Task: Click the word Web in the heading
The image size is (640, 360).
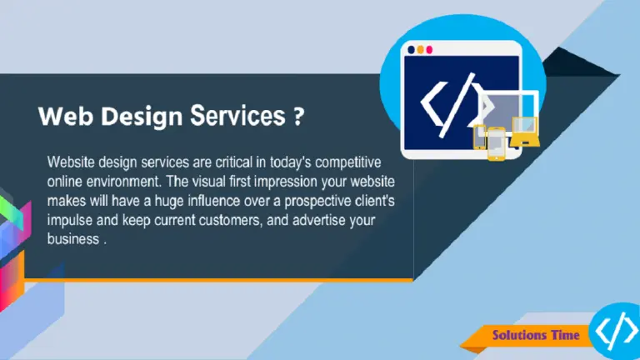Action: click(x=66, y=117)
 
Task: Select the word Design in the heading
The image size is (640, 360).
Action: click(x=142, y=117)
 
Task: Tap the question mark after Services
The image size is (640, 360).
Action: click(x=299, y=117)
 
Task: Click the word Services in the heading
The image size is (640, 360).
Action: click(x=238, y=116)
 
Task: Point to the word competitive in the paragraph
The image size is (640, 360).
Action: click(x=347, y=162)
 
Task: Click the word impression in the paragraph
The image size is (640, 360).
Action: click(x=285, y=182)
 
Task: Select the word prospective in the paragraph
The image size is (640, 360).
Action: click(x=317, y=201)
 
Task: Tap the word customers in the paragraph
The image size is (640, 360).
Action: click(x=229, y=220)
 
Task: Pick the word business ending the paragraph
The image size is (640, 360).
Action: click(x=73, y=239)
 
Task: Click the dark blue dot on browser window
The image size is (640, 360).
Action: click(x=411, y=50)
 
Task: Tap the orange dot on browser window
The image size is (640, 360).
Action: click(x=420, y=50)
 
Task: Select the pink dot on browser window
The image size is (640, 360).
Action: click(x=429, y=50)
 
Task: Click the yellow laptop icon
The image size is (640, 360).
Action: click(x=525, y=132)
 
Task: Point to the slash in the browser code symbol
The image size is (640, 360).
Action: click(x=457, y=104)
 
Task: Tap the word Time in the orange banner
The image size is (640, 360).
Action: click(x=565, y=335)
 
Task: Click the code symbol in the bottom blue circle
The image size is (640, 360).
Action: click(x=617, y=330)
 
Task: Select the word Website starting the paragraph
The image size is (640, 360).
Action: click(x=71, y=162)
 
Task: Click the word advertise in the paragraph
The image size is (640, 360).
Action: click(x=319, y=220)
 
